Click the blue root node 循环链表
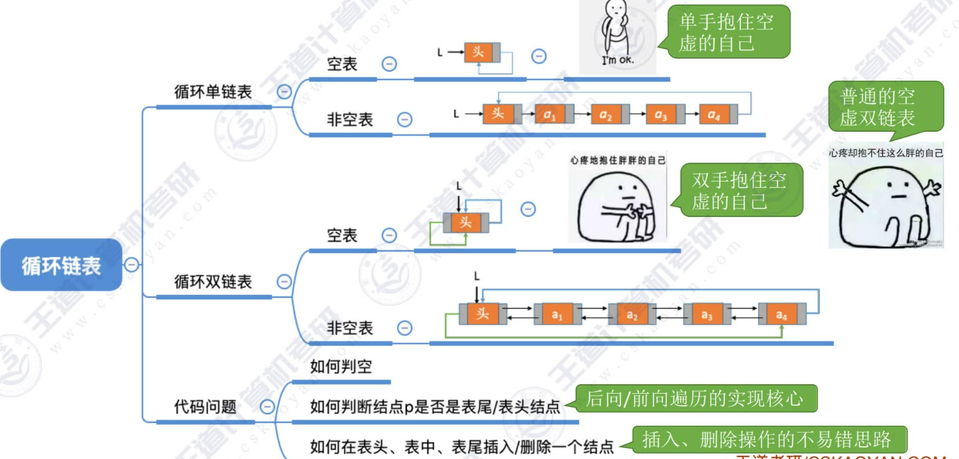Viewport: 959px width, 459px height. coord(61,265)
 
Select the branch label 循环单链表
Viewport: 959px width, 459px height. coord(213,92)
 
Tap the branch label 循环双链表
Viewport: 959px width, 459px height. coord(213,281)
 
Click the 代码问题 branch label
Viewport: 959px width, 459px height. coord(205,407)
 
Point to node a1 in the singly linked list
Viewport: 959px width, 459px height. coord(550,114)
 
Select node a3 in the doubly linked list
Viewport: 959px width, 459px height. coord(707,315)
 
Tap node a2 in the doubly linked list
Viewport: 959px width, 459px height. coord(632,315)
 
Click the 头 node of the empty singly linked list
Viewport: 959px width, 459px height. coord(478,52)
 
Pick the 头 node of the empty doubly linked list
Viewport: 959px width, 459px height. coord(465,223)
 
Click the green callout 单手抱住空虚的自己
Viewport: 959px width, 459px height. coord(728,32)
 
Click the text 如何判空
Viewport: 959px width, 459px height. coord(341,367)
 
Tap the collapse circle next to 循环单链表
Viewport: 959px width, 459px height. coord(284,92)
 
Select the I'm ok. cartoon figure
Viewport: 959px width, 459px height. coord(617,36)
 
